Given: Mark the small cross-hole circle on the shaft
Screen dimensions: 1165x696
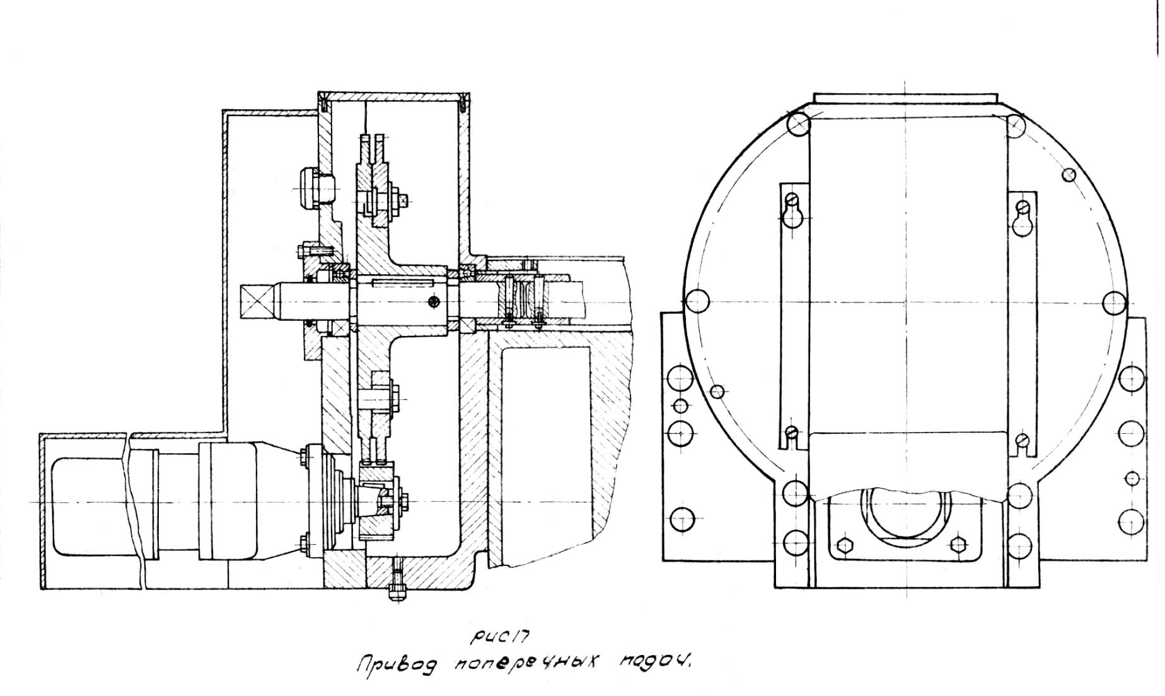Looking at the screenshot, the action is point(432,302).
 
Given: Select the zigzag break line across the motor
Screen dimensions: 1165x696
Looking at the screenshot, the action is point(135,504).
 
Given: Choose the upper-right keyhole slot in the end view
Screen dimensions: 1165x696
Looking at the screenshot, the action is point(1023,218).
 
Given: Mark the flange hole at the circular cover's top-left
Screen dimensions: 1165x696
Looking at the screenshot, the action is point(799,124).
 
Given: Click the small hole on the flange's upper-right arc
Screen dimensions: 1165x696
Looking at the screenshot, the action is point(1069,174).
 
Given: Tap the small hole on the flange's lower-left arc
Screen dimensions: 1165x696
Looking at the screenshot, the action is point(717,391).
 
